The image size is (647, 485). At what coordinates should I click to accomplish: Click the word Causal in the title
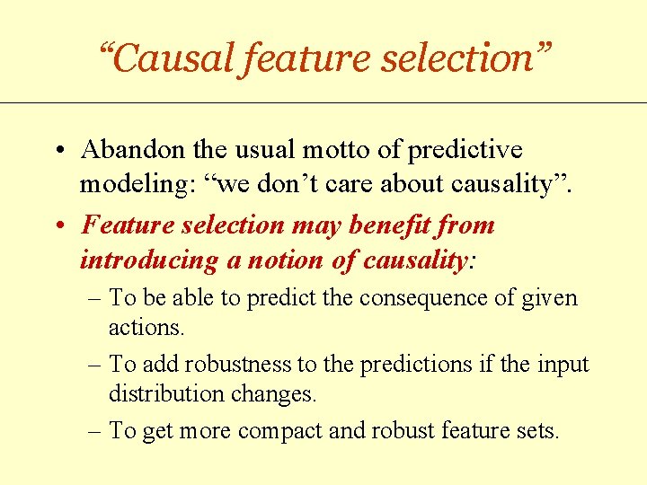click(172, 58)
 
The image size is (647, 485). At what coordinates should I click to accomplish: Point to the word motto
click(329, 150)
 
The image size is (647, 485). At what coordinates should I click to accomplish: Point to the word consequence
click(419, 297)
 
